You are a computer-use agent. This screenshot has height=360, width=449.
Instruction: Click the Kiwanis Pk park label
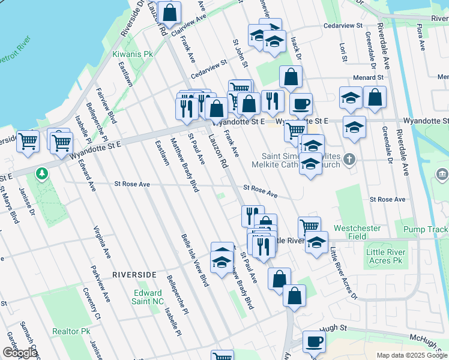116,54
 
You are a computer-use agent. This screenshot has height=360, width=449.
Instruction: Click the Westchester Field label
358,232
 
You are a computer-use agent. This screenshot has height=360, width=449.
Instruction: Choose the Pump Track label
426,230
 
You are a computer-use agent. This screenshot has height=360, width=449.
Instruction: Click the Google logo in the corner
19,353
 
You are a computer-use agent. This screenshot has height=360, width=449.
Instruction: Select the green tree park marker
41,174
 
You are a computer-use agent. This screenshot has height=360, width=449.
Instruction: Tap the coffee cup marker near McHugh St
314,342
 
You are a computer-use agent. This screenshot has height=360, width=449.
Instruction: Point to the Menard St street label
368,77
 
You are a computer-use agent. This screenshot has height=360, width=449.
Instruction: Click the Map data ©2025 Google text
411,355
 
